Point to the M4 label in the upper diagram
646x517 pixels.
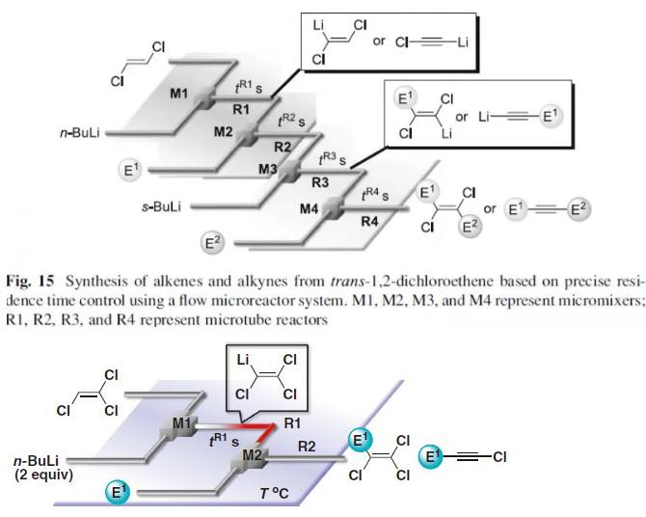[310, 207]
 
